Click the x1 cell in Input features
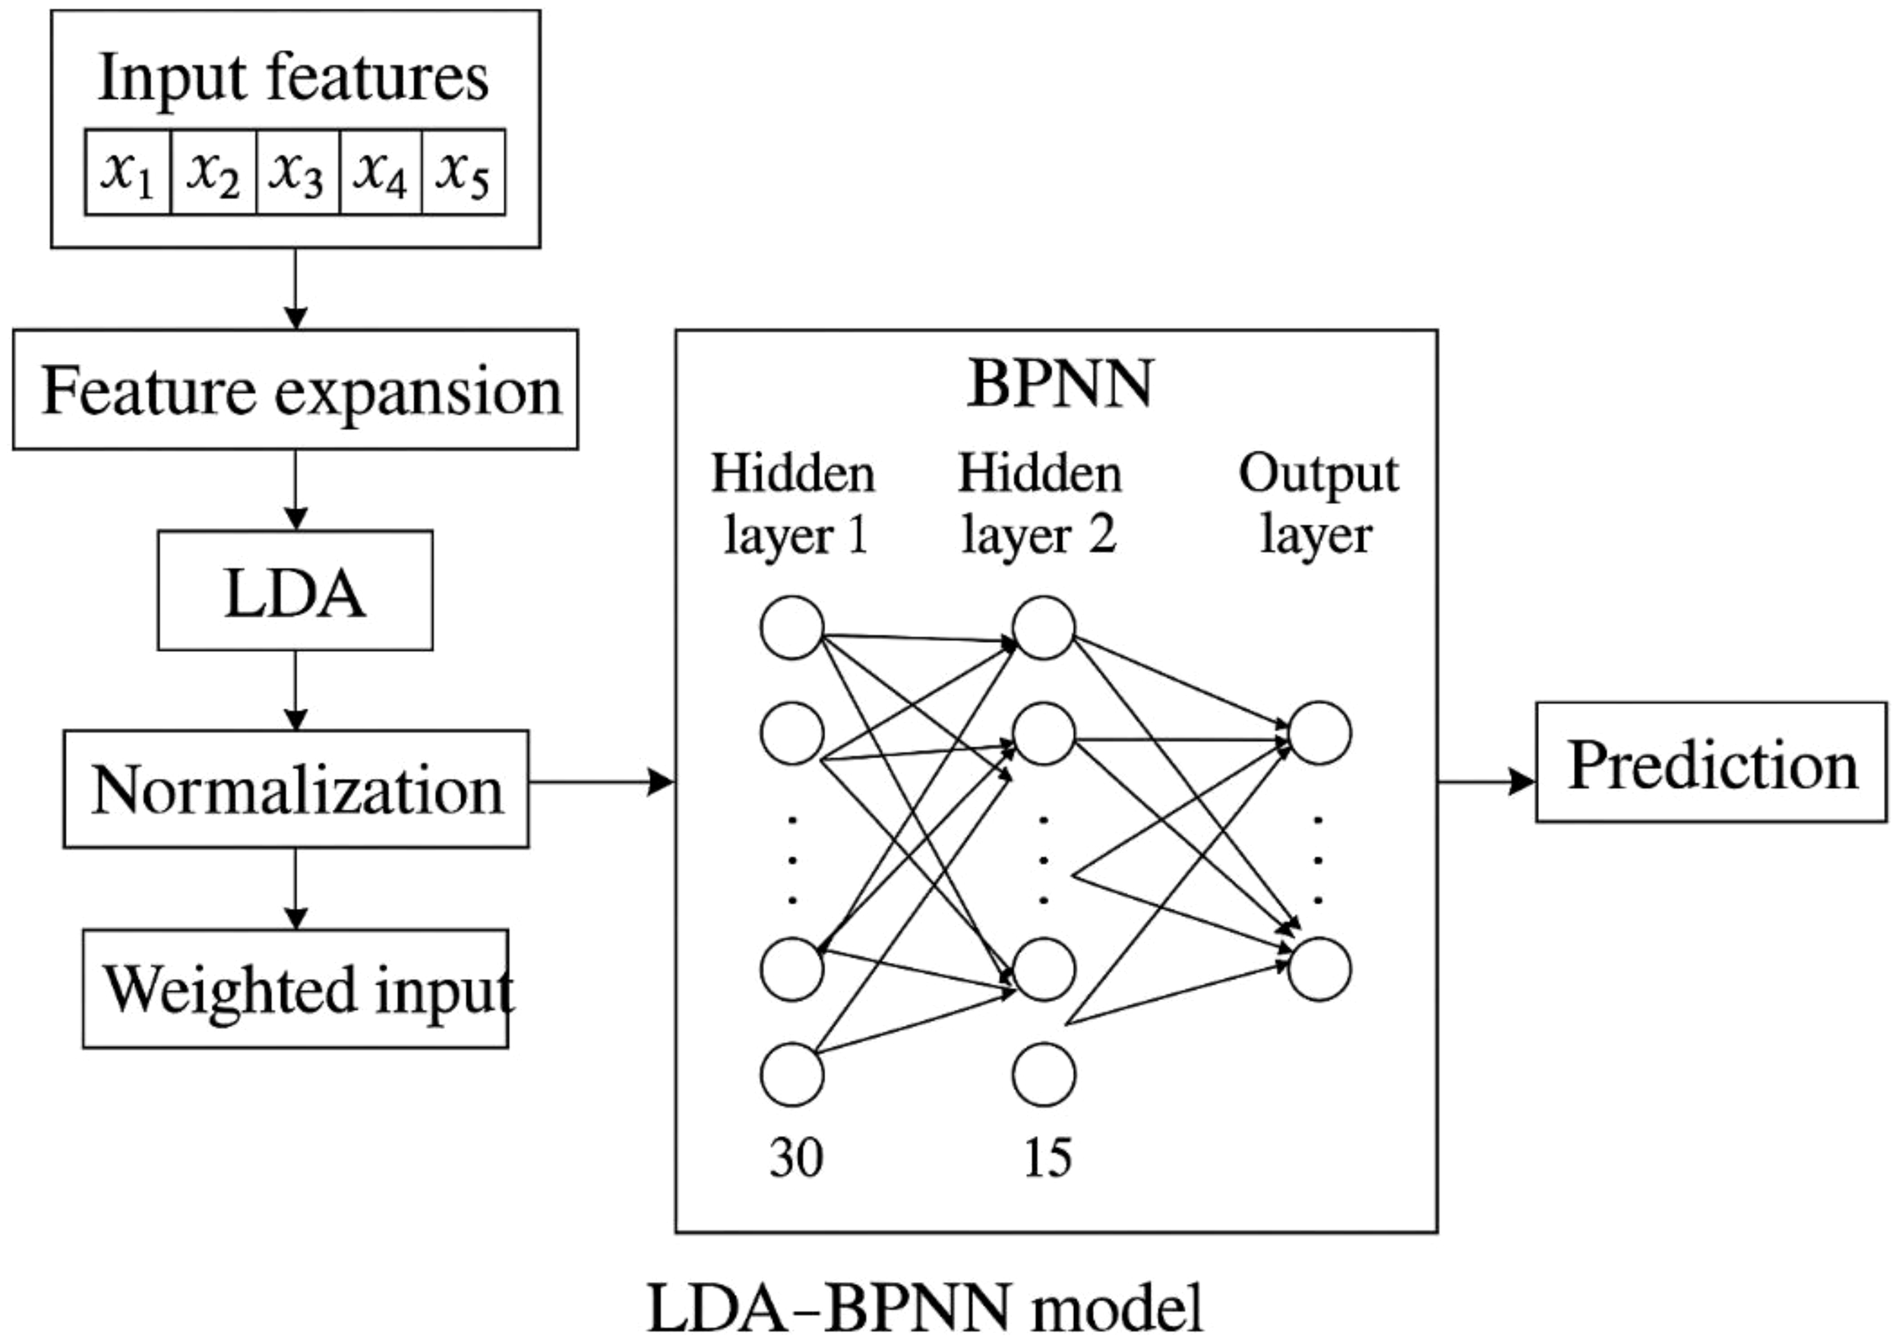coord(128,172)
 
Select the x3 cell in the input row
coord(298,172)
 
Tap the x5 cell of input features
coord(463,172)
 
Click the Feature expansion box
coord(295,390)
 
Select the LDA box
coord(295,590)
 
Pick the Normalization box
coord(295,789)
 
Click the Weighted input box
coord(295,989)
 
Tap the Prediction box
coord(1711,763)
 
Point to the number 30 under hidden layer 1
coord(795,1157)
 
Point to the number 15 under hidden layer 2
coord(1047,1157)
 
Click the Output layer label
coord(1318,503)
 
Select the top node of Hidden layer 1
coord(792,627)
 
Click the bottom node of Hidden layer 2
coord(1044,1074)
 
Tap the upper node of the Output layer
coord(1320,733)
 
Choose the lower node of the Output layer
coord(1320,969)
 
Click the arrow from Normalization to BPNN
coord(602,781)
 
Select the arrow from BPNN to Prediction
coord(1487,781)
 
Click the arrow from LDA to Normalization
coord(295,690)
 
